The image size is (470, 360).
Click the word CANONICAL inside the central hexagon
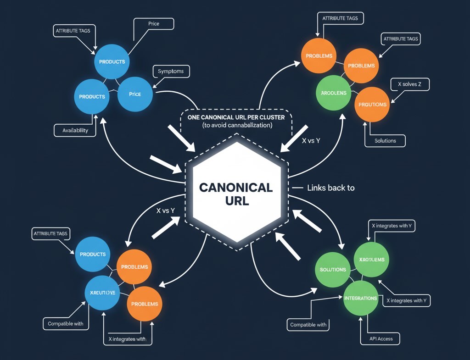pyautogui.click(x=236, y=188)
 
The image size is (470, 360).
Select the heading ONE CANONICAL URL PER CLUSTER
pyautogui.click(x=236, y=117)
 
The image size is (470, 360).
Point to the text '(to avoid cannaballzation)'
pyautogui.click(x=237, y=125)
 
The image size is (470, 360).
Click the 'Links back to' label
pyautogui.click(x=330, y=188)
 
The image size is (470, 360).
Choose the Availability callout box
pyautogui.click(x=75, y=130)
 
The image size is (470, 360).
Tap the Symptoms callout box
pyautogui.click(x=170, y=71)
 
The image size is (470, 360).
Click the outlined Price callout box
pyautogui.click(x=154, y=23)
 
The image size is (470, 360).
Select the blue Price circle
pyautogui.click(x=135, y=94)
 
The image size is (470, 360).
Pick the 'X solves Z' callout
pyautogui.click(x=406, y=84)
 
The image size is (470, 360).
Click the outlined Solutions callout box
pyautogui.click(x=385, y=140)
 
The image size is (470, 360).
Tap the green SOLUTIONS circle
pyautogui.click(x=333, y=269)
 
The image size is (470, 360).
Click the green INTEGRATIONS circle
pyautogui.click(x=360, y=298)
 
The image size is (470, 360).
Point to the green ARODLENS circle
pyautogui.click(x=334, y=93)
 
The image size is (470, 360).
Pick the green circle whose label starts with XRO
pyautogui.click(x=372, y=260)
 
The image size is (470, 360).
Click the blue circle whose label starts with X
pyautogui.click(x=102, y=293)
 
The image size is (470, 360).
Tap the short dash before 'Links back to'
pyautogui.click(x=297, y=188)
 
